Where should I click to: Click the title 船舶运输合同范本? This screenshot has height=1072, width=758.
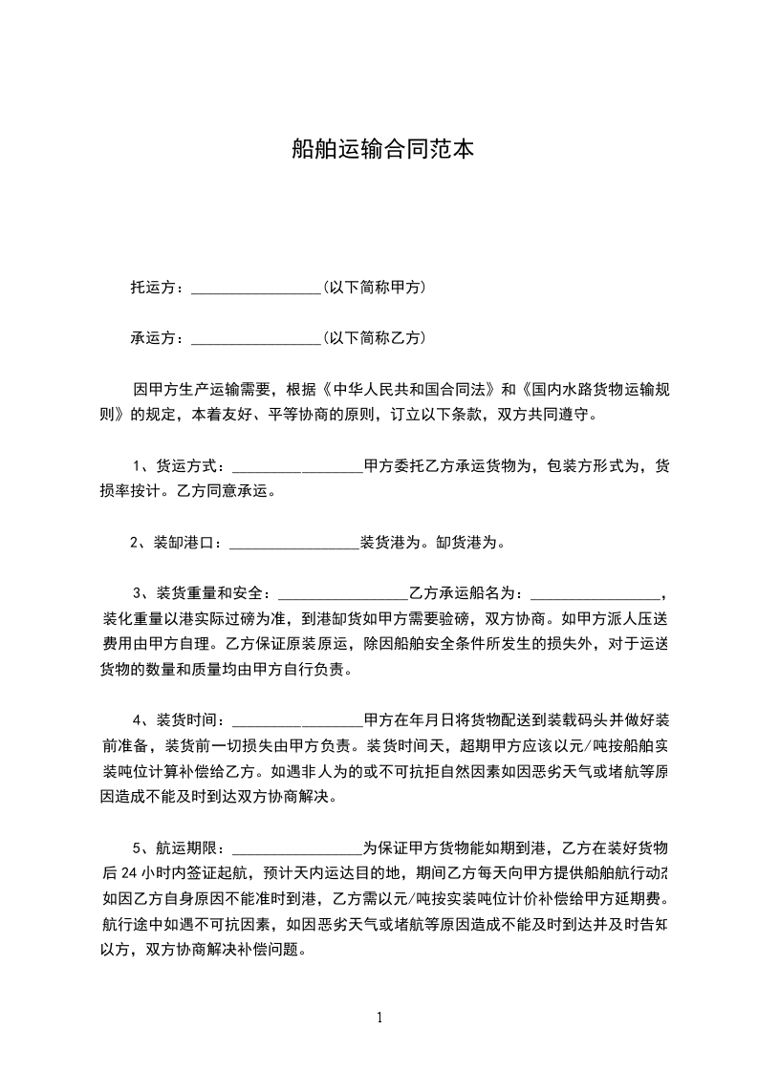(x=381, y=149)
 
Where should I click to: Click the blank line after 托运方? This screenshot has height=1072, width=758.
(x=256, y=289)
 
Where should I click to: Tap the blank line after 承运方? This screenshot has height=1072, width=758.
(x=256, y=339)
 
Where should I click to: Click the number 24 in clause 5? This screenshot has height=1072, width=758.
(x=129, y=873)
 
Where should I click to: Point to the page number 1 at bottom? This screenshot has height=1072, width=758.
(x=379, y=1018)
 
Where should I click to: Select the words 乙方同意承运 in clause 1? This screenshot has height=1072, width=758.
(x=226, y=493)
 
